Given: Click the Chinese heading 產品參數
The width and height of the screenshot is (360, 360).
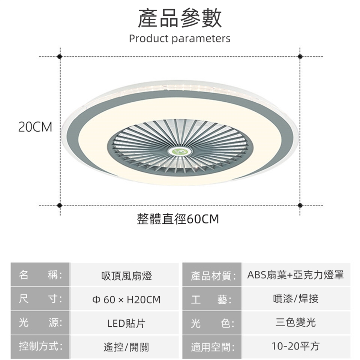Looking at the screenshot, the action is coord(180,18).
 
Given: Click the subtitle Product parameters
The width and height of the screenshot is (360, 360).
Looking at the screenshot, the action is coord(180,38).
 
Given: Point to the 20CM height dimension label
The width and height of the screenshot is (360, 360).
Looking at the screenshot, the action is coord(35,127).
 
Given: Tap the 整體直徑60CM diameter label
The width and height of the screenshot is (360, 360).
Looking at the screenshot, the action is coord(178,219).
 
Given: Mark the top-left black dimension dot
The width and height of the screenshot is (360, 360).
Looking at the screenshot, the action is coord(60,57).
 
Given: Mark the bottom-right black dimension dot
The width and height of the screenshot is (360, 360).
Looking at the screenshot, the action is coord(300,205).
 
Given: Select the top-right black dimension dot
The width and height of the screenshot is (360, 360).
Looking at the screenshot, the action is coord(300,57).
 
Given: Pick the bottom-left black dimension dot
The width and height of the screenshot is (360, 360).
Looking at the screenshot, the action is coord(60,205).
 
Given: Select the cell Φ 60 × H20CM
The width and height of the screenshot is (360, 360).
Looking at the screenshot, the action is coord(126,300).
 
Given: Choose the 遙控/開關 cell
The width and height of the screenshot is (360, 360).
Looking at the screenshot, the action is coord(126,347).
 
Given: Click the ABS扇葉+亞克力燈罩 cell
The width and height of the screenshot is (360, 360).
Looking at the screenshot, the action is coord(295,275).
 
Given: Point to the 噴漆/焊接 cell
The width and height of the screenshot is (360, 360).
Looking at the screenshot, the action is coord(296,299).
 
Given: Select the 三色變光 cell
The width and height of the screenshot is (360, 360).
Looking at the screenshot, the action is coord(296,322).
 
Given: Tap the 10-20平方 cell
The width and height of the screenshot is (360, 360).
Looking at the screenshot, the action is coord(295,346).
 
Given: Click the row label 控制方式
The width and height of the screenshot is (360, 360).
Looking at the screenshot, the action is coord(40,346).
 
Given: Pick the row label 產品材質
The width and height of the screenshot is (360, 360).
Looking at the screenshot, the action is coord(213,276).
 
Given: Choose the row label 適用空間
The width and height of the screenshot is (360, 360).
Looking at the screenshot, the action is coord(213,347).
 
